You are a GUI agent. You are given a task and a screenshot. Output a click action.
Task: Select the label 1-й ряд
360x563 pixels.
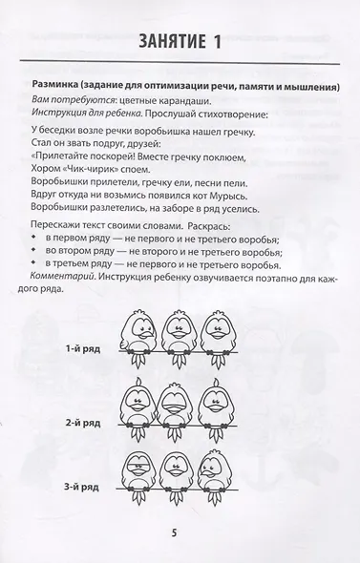pyautogui.click(x=85, y=350)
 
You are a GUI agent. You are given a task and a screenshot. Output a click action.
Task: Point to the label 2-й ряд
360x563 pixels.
pyautogui.click(x=85, y=422)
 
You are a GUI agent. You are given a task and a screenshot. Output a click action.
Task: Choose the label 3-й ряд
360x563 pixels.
pyautogui.click(x=85, y=489)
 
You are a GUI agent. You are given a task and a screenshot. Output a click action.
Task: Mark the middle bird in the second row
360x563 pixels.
pyautogui.click(x=182, y=410)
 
